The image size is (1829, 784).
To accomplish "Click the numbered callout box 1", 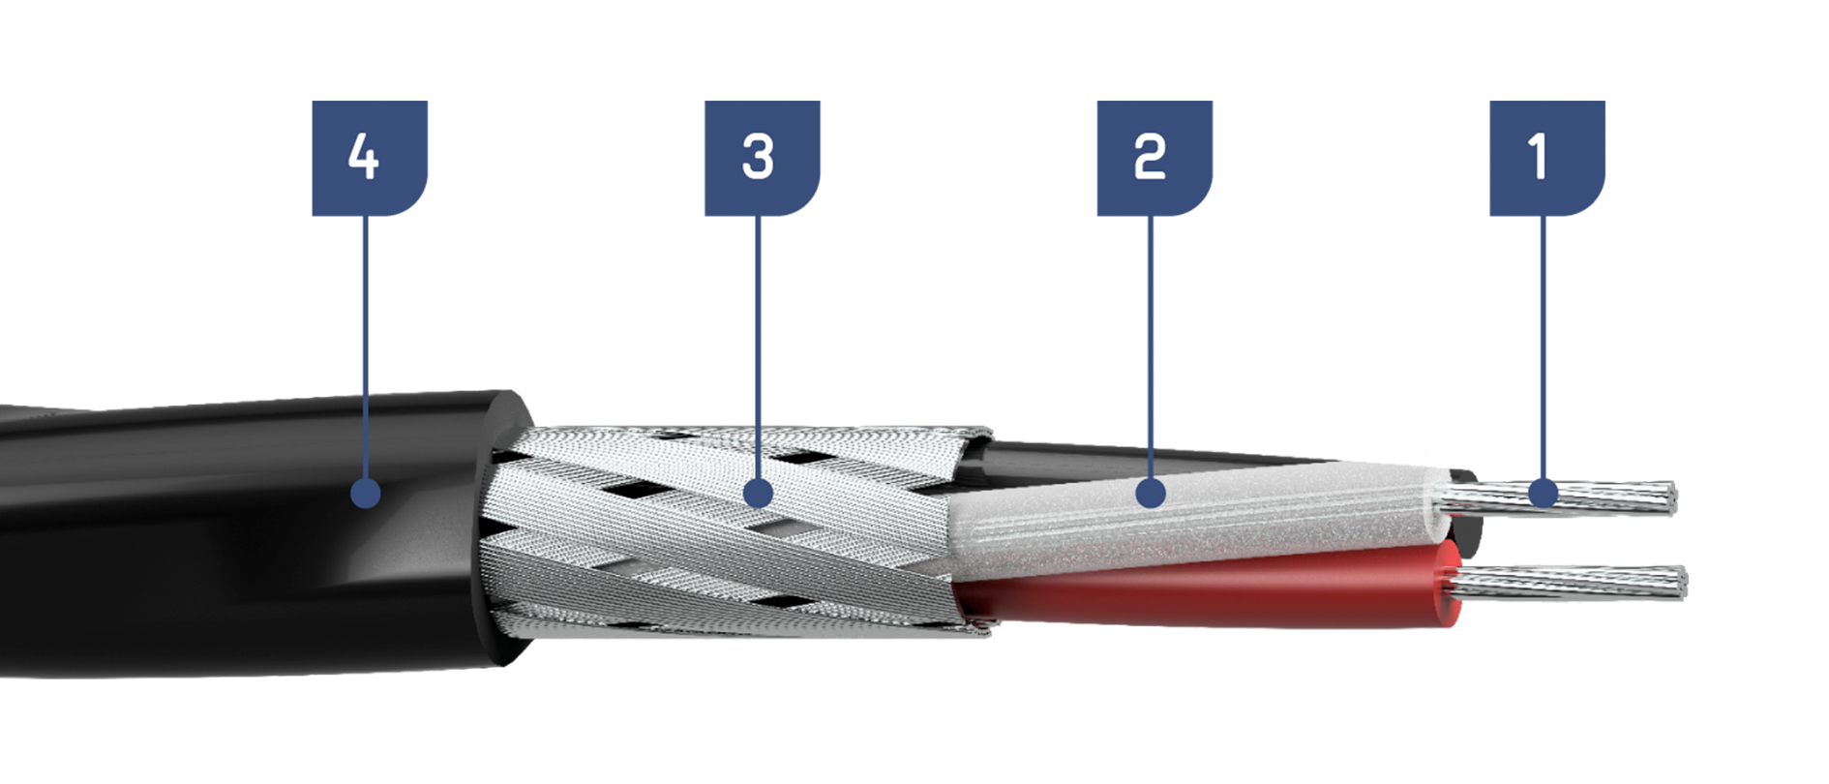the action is click(1546, 158).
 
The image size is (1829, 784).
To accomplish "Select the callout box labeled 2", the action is click(1154, 158).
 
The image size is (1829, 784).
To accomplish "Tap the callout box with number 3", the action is click(762, 158).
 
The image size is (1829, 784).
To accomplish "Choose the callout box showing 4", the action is click(370, 158).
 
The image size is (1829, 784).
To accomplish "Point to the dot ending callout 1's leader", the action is click(1544, 494).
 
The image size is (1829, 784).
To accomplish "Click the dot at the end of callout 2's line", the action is click(1151, 494).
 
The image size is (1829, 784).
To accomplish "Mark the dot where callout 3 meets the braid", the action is click(758, 494).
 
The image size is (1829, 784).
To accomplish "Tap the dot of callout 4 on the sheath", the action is click(366, 494).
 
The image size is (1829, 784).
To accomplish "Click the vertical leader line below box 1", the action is click(1544, 347).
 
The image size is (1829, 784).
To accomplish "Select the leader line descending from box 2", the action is click(1151, 347).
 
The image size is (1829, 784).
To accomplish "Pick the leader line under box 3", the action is click(758, 347).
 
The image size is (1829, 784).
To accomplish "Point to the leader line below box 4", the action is click(366, 347).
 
